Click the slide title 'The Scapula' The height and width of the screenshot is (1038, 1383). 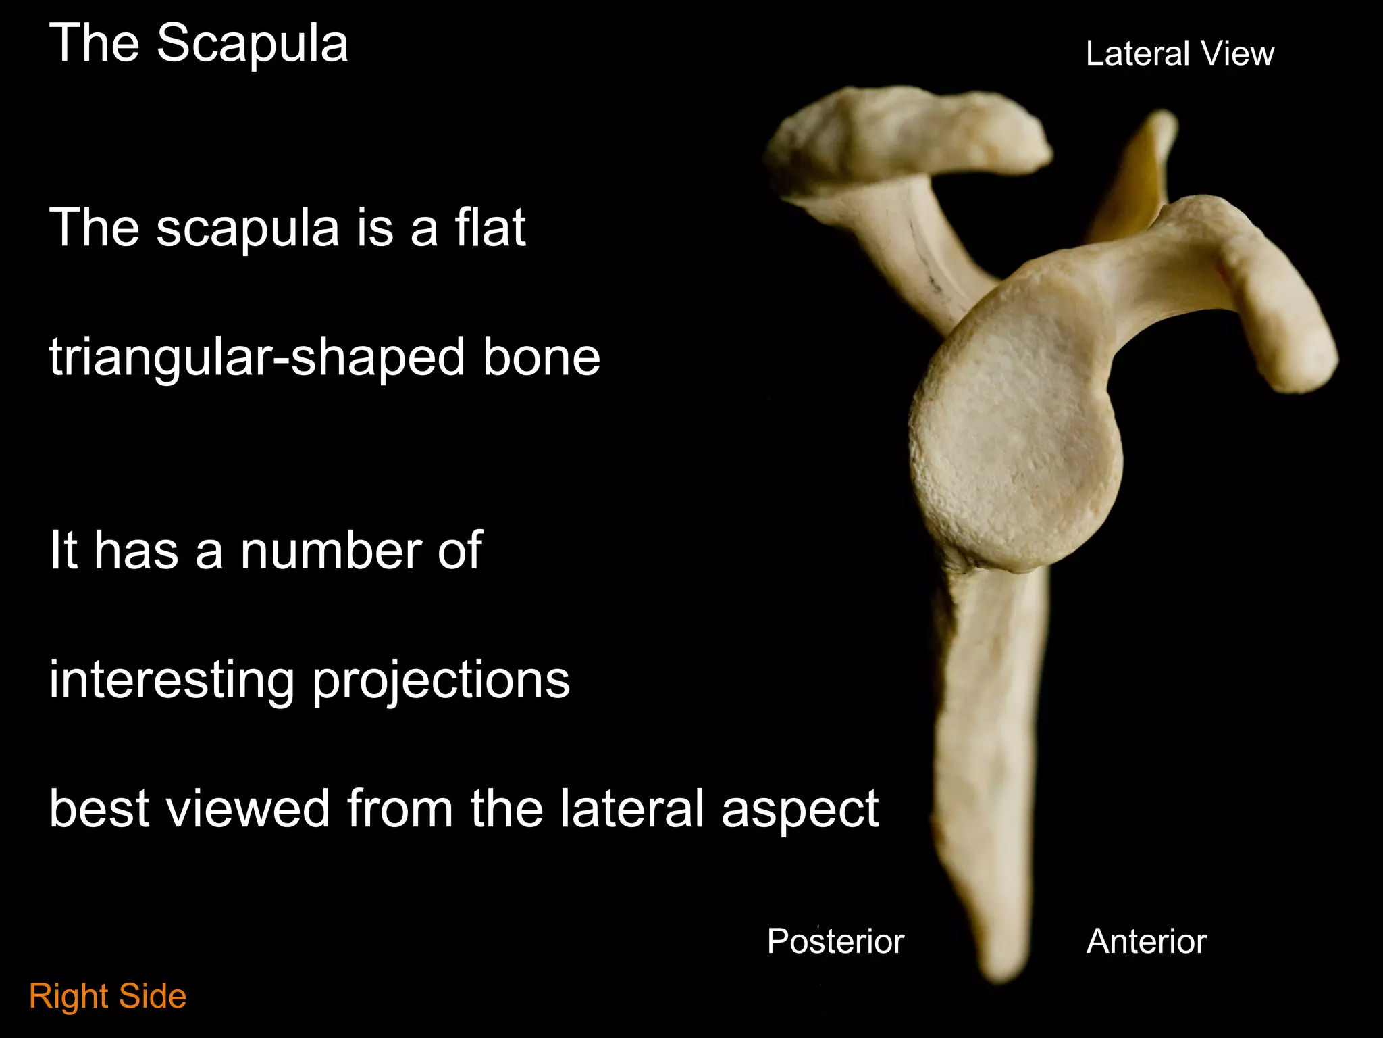(199, 43)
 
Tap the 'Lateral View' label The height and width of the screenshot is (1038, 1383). (1179, 53)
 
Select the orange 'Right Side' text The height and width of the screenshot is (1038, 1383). (108, 996)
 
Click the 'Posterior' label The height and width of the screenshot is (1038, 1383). (835, 941)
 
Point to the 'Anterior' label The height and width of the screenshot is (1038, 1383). (1147, 941)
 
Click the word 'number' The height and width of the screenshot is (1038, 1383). (330, 550)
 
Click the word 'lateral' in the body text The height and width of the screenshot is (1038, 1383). (632, 808)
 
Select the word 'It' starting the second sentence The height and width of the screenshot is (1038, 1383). (63, 550)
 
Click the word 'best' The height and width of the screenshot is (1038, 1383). (99, 808)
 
